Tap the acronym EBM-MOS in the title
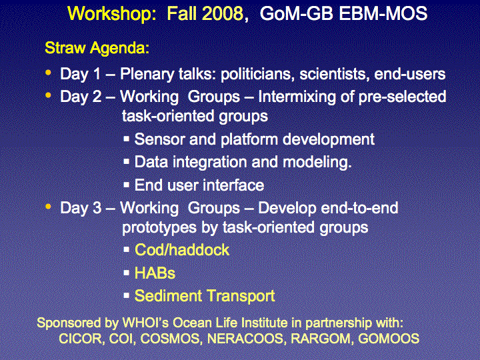coord(383,13)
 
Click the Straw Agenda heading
coord(97,48)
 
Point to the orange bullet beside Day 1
coord(48,73)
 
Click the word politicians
coord(258,74)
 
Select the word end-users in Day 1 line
coord(409,74)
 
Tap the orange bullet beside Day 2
coord(48,95)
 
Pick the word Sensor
coord(160,139)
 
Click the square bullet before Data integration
coord(127,161)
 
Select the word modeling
coord(317,162)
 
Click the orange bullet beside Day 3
coord(48,207)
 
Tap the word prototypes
coord(159,228)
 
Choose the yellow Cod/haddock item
coord(182,250)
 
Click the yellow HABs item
coord(155,273)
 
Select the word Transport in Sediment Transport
coord(240,296)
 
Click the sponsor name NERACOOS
coord(245,338)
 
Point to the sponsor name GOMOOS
coord(389,338)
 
